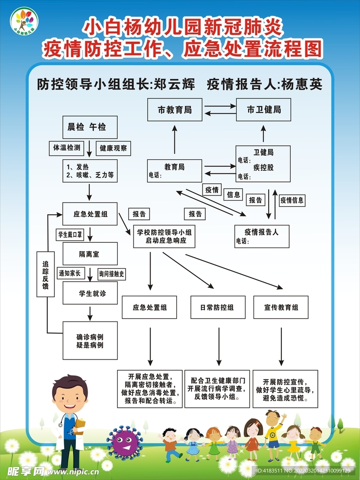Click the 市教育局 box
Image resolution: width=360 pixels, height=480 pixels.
174,110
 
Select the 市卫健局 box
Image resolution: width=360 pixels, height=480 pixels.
263,110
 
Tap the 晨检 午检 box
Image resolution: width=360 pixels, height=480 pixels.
90,127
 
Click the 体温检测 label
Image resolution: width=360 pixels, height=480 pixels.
66,148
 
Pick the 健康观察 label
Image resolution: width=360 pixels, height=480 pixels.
113,148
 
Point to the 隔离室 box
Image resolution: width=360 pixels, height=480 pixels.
90,254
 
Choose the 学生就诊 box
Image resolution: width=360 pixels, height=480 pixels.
90,293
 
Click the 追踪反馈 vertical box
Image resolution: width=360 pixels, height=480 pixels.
45,274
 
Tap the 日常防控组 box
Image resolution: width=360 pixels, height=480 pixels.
217,307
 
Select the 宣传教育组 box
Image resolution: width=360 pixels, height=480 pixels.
281,307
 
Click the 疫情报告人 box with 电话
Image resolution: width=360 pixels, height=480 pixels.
262,236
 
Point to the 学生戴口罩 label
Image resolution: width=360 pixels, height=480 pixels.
70,234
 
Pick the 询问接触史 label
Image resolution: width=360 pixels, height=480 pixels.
112,274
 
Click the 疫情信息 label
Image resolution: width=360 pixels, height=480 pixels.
292,201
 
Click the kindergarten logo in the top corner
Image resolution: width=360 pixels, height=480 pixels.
24,21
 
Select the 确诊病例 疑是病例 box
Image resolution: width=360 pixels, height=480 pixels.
90,340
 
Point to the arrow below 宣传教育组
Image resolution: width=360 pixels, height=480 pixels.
281,347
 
